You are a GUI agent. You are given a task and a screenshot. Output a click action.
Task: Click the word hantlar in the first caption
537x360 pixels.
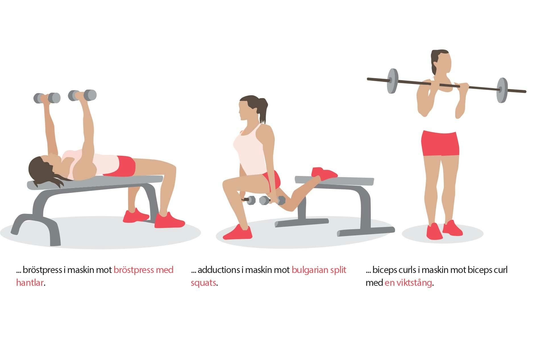(x=30, y=283)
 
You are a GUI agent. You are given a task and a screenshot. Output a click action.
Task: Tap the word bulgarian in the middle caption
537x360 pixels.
(x=309, y=270)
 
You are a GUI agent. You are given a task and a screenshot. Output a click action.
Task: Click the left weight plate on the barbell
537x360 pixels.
(x=392, y=81)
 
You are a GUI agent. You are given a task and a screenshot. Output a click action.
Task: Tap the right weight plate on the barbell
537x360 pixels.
(x=502, y=90)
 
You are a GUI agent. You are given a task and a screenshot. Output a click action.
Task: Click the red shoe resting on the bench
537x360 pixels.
(x=324, y=173)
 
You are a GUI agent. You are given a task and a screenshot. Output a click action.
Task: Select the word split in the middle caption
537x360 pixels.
(x=338, y=270)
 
